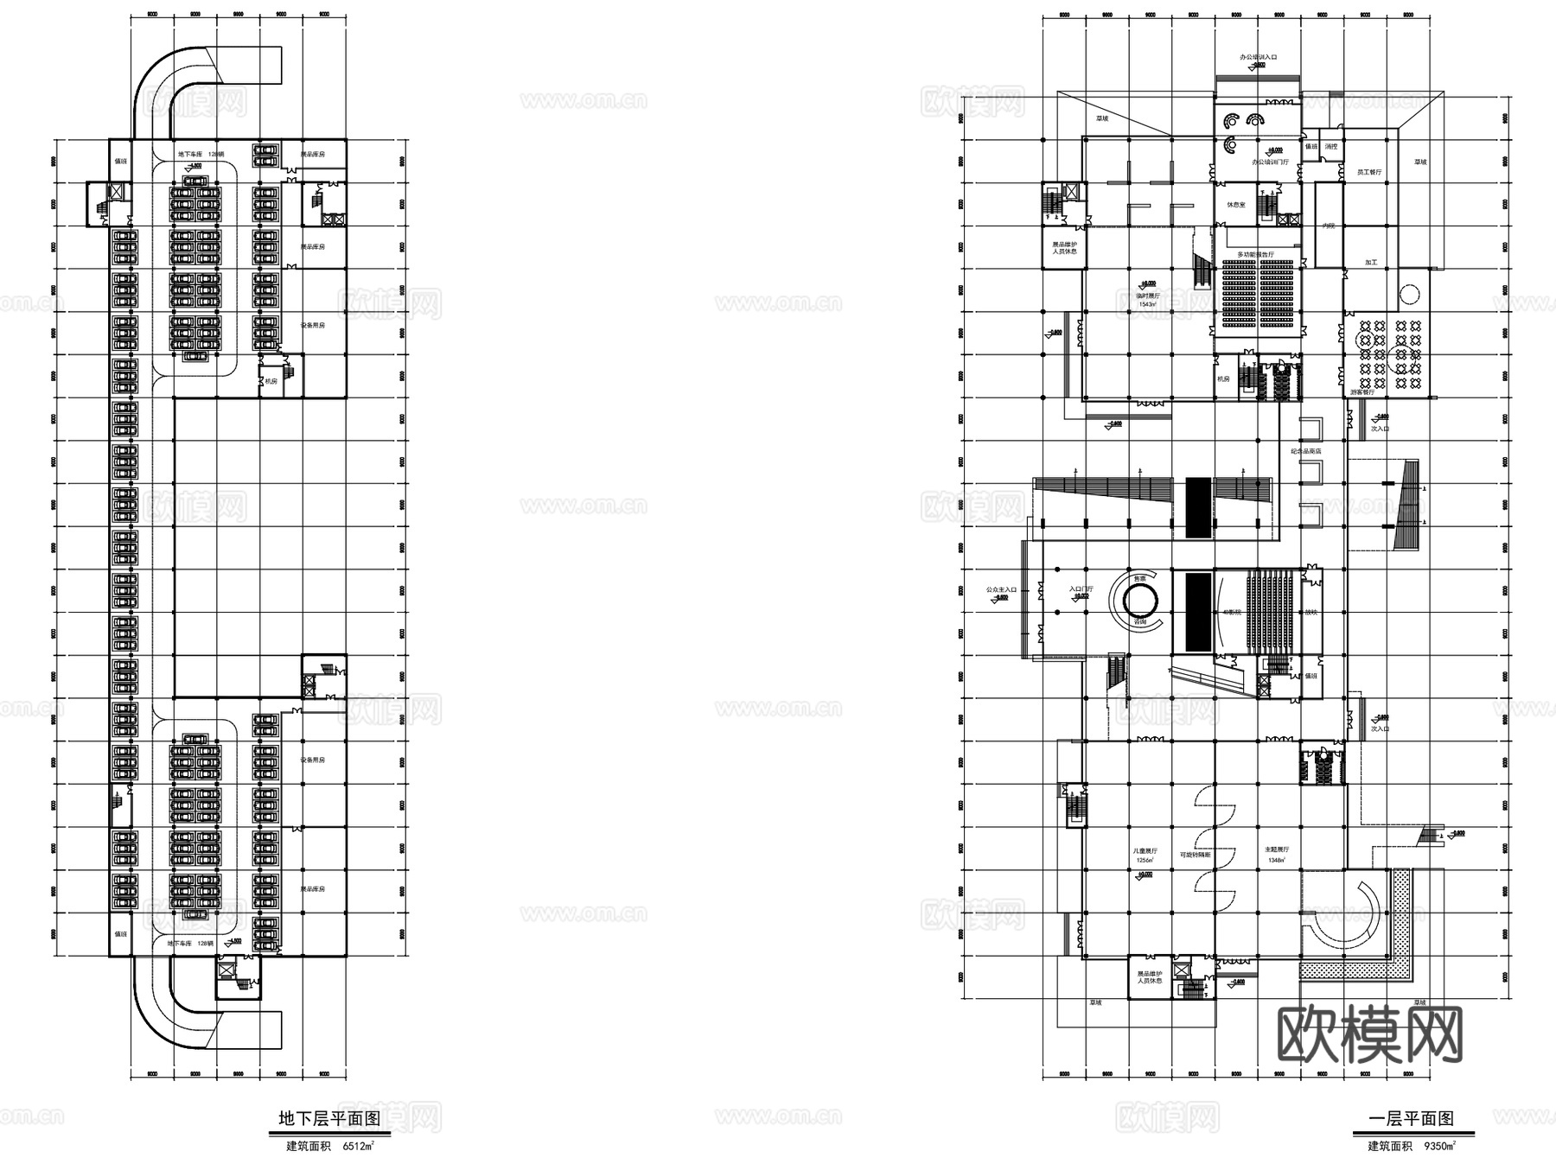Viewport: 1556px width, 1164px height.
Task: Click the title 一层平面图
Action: click(x=1411, y=1119)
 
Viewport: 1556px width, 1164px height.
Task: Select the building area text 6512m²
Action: click(x=358, y=1148)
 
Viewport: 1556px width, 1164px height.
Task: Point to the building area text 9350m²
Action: click(x=1439, y=1148)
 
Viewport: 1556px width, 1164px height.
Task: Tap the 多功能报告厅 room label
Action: click(x=1256, y=255)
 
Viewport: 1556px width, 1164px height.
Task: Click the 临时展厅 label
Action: click(x=1147, y=295)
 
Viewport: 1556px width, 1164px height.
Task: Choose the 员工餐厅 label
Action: click(x=1369, y=172)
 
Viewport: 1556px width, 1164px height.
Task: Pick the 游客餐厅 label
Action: click(x=1362, y=392)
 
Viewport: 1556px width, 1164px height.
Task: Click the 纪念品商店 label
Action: click(x=1305, y=451)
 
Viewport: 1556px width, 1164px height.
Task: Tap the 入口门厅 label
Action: click(x=1081, y=589)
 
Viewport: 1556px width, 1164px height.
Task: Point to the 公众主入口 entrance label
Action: click(x=1000, y=590)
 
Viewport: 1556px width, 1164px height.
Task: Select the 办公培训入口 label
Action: click(x=1258, y=57)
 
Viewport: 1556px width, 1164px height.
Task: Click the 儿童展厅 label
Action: click(x=1146, y=850)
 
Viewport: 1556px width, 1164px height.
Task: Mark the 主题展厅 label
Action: click(x=1278, y=850)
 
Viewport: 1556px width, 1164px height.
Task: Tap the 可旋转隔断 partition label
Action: click(x=1195, y=855)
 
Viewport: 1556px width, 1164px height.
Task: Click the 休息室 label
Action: click(x=1236, y=205)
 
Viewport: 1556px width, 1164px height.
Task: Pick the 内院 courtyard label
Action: click(x=1329, y=225)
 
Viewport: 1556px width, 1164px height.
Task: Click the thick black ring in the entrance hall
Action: click(x=1139, y=596)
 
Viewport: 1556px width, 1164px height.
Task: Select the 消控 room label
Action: click(x=1331, y=147)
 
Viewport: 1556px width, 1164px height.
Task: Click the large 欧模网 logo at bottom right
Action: click(x=1370, y=1034)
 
